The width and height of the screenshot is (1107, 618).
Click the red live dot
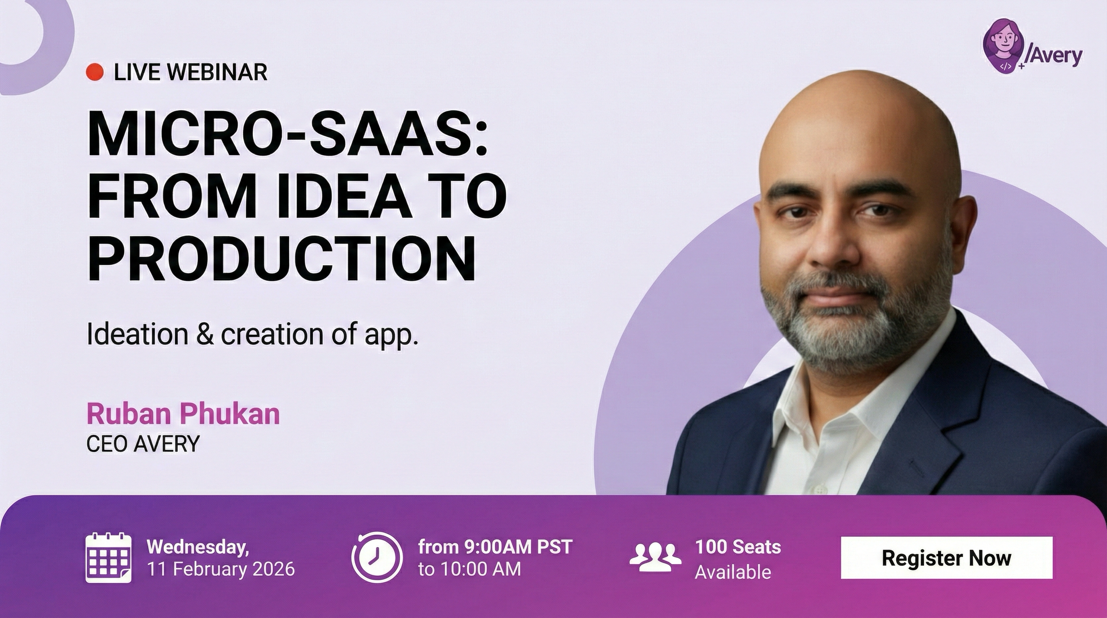point(95,72)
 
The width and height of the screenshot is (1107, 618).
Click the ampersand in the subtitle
point(204,334)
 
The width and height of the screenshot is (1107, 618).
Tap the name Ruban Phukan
point(183,414)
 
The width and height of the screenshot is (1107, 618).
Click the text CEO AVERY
point(143,443)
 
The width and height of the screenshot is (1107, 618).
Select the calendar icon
point(108,557)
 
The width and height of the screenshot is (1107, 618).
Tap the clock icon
point(377,557)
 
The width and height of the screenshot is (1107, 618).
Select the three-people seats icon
point(655,557)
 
